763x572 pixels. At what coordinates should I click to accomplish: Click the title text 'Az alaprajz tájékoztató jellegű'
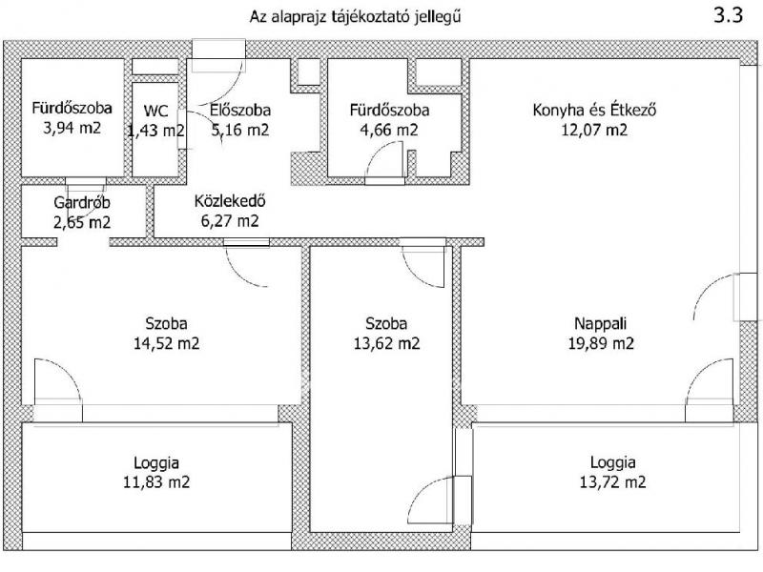360,17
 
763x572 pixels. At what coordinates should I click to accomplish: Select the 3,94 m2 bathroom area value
71,129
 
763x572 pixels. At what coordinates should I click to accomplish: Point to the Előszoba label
237,111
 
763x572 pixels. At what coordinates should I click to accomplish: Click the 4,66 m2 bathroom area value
389,130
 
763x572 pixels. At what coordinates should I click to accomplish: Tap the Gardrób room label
80,202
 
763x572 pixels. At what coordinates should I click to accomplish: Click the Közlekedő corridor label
229,202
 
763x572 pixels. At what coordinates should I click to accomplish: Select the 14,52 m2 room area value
166,342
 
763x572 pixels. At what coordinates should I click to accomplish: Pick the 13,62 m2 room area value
386,342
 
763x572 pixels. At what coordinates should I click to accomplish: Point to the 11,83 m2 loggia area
158,482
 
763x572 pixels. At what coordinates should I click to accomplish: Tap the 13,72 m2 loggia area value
614,482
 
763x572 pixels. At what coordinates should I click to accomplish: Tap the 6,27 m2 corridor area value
229,221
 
